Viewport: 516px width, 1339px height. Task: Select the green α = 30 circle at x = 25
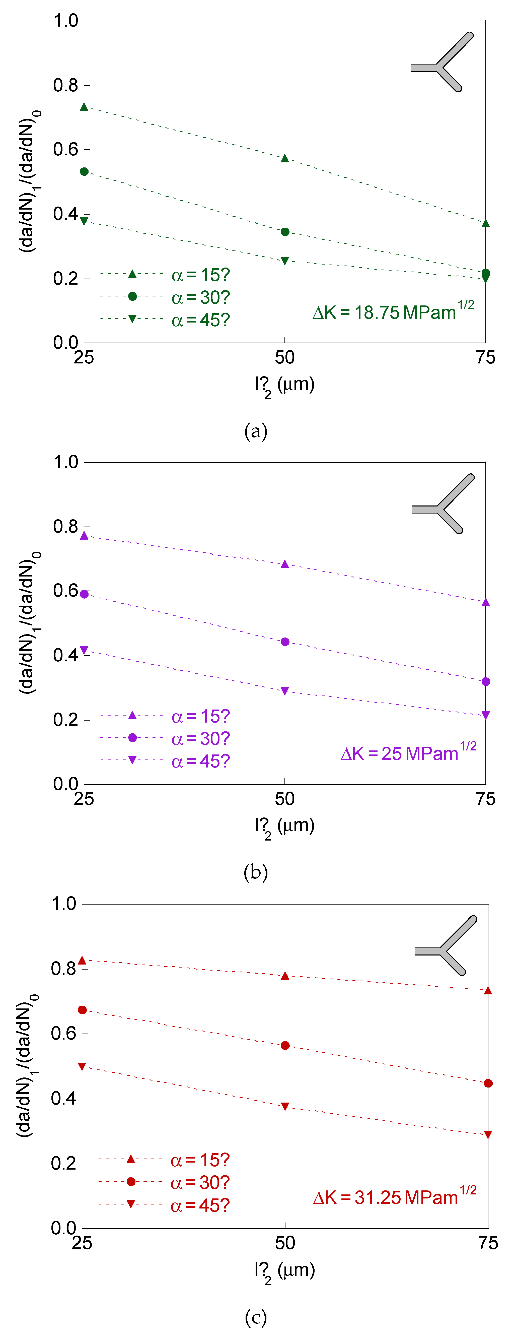(84, 171)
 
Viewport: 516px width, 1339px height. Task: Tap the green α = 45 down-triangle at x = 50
(285, 261)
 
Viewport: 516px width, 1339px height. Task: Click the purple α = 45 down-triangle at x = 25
(84, 650)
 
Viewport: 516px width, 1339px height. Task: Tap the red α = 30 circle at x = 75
(488, 1083)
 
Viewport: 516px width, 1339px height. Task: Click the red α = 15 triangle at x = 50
(285, 976)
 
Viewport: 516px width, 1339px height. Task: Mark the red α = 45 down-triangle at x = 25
(82, 1066)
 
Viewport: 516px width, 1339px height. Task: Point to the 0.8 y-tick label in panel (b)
(65, 527)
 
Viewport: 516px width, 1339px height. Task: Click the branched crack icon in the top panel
(442, 62)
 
